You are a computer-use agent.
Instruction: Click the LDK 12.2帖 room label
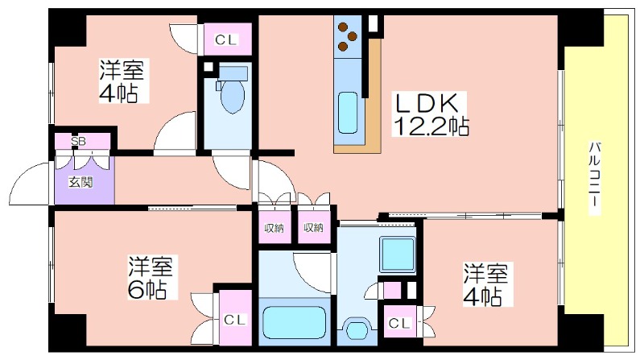point(430,114)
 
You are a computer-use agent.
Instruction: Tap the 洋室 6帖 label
point(150,277)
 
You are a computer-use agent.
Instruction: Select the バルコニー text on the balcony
point(595,178)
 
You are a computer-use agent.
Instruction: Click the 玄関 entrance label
point(80,182)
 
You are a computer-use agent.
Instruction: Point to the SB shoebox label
point(78,142)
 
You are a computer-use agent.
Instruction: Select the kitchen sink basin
point(348,113)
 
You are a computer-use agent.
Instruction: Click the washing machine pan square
point(398,254)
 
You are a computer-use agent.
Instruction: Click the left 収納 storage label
point(274,227)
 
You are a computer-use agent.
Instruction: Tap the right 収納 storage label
point(313,227)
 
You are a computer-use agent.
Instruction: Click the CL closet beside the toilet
point(227,39)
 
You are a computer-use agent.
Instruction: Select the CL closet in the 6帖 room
point(235,318)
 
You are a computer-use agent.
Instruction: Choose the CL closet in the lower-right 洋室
point(399,323)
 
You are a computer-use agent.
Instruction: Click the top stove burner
point(342,27)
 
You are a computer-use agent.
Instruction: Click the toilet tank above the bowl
point(233,73)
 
